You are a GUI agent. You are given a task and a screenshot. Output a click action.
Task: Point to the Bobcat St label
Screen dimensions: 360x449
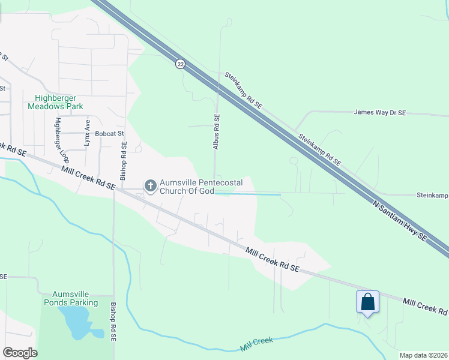coord(108,134)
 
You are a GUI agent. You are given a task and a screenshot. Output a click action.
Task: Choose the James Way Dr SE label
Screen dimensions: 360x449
coord(380,112)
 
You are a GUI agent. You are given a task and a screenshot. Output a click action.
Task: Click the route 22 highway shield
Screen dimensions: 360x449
coord(180,64)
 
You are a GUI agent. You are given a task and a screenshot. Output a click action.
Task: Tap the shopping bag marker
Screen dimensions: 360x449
coord(367,301)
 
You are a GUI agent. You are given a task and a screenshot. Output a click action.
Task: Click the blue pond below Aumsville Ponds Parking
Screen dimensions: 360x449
coord(79,325)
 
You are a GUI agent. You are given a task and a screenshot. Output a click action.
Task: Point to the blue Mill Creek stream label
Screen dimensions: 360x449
coord(256,344)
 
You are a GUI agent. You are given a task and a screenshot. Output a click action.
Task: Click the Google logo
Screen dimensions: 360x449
coord(20,353)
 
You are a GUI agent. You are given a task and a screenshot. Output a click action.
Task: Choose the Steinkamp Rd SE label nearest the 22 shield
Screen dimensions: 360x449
coord(244,90)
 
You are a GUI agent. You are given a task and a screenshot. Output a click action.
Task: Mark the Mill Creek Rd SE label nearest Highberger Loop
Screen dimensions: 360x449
coord(88,178)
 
